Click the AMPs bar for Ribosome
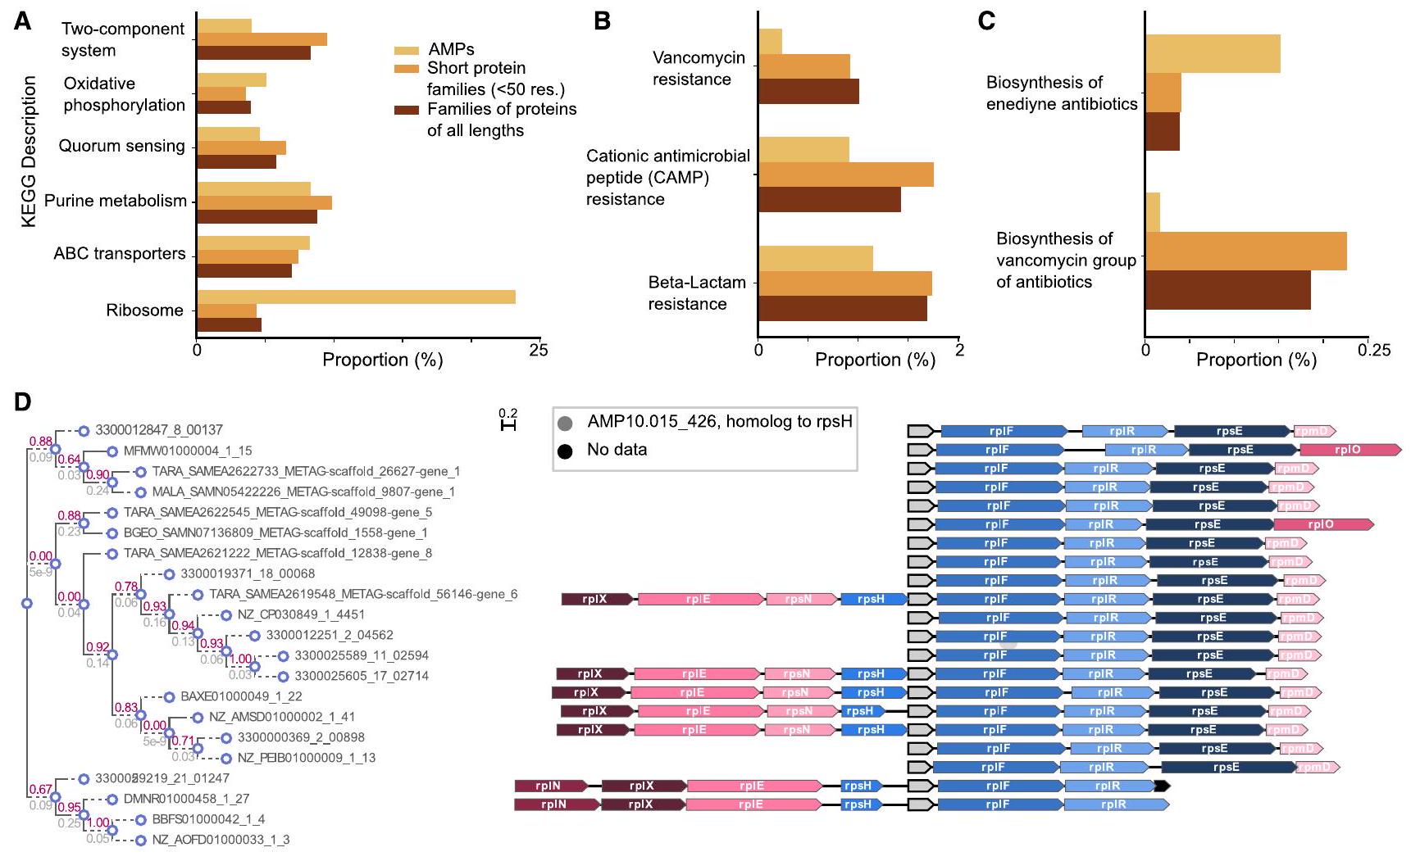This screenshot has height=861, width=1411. click(x=356, y=297)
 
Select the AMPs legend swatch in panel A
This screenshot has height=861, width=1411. click(x=407, y=51)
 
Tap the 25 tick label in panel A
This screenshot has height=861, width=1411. click(x=538, y=351)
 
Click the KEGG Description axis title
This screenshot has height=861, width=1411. click(x=30, y=152)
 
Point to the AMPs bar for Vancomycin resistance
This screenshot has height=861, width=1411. click(x=770, y=41)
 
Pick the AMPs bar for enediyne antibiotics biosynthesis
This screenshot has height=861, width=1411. click(x=1213, y=54)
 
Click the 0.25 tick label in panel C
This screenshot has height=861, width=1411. click(x=1374, y=351)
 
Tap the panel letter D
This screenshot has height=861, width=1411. click(x=23, y=402)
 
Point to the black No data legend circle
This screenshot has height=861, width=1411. click(x=565, y=450)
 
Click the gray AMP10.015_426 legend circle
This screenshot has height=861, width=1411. click(x=565, y=424)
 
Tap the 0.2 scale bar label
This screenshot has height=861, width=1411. click(x=508, y=413)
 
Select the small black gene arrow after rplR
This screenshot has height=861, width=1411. click(x=1161, y=786)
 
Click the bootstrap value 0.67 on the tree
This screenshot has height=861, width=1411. click(x=41, y=790)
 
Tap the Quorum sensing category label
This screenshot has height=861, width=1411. click(x=121, y=147)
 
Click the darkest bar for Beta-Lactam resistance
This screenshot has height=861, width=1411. click(x=842, y=308)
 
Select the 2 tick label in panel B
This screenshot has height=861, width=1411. click(x=959, y=351)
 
